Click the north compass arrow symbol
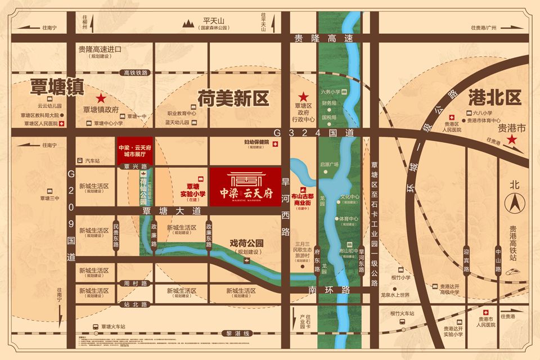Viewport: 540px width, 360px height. [x=513, y=201]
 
